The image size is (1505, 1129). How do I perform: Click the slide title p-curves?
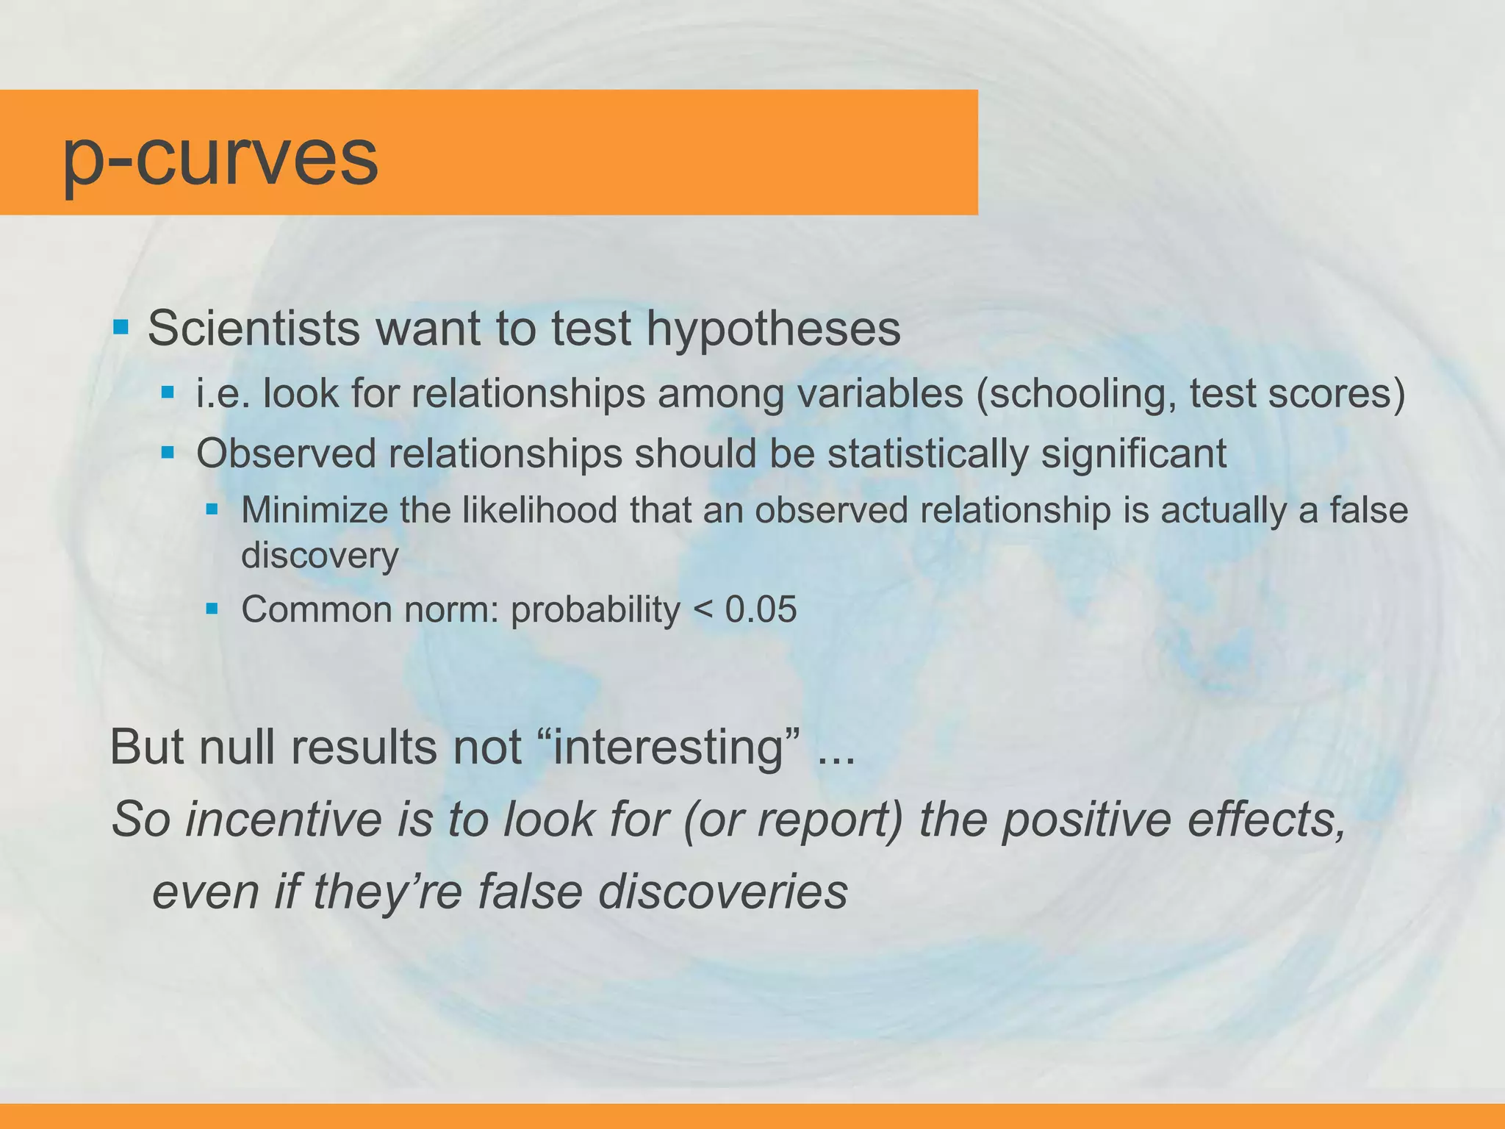(220, 158)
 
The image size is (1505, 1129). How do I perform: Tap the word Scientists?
(254, 328)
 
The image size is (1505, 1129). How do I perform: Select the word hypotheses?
(773, 329)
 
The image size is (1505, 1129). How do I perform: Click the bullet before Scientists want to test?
(121, 326)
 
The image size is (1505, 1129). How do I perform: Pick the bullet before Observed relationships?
(168, 451)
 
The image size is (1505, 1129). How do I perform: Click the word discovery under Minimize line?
(320, 555)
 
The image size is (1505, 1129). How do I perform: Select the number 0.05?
(761, 609)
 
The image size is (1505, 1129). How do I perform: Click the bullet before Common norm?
(212, 609)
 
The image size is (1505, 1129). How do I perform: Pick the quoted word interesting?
(669, 748)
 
